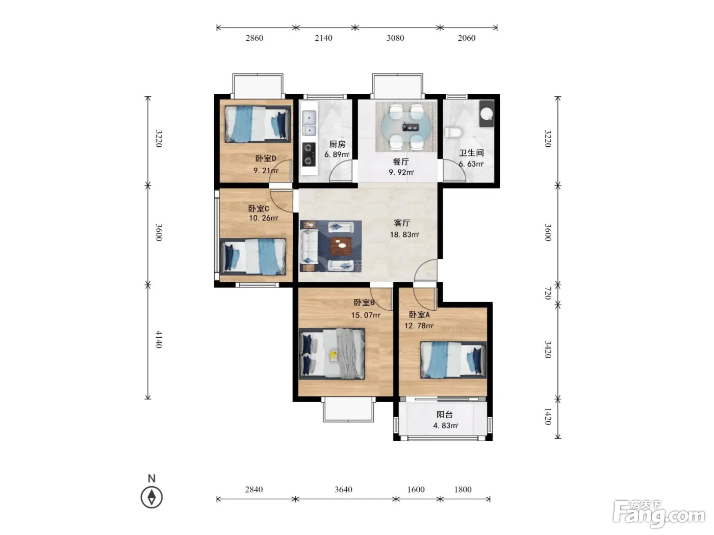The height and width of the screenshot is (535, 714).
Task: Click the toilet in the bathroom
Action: click(x=453, y=132)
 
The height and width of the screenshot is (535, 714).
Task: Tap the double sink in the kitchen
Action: click(x=309, y=123)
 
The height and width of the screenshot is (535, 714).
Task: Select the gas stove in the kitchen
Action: click(x=309, y=154)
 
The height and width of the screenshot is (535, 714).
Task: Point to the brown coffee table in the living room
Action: click(x=341, y=246)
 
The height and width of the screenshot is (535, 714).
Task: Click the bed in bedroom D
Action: click(x=258, y=124)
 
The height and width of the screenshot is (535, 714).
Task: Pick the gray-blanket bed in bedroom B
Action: click(x=332, y=354)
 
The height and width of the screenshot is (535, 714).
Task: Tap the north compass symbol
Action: click(x=151, y=497)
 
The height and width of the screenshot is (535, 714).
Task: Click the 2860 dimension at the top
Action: click(x=254, y=38)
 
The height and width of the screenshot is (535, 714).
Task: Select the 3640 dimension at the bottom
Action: click(x=344, y=489)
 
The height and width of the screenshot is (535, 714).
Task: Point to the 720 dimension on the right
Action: click(x=548, y=293)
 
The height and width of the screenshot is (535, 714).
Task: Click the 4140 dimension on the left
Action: click(x=159, y=339)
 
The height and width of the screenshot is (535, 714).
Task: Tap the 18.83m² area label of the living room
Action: click(x=404, y=234)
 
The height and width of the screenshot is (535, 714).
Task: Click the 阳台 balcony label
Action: click(x=445, y=414)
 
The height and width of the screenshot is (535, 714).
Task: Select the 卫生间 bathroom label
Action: click(x=471, y=153)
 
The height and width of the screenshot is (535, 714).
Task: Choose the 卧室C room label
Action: click(x=259, y=208)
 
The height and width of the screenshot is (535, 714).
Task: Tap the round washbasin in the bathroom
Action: click(x=487, y=114)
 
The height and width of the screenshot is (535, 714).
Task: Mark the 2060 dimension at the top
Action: click(x=467, y=38)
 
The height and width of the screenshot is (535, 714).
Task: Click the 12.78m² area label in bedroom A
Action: click(x=419, y=326)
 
